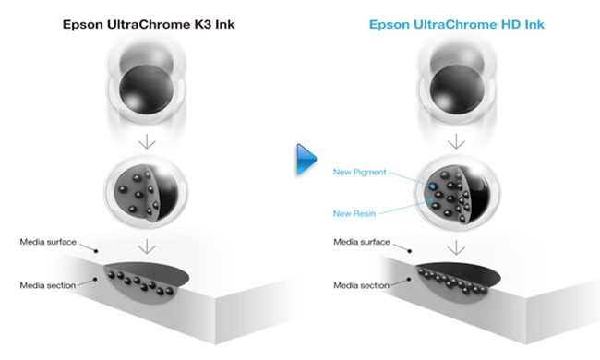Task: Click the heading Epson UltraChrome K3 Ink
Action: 149,25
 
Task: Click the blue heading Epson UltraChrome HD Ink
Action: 457,25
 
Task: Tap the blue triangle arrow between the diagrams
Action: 306,159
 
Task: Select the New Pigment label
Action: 360,173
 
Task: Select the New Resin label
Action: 354,213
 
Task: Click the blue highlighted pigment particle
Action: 433,186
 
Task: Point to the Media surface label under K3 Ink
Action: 48,242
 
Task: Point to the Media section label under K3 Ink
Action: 48,285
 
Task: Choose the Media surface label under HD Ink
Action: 362,242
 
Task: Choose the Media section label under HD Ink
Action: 361,285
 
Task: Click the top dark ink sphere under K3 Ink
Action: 147,90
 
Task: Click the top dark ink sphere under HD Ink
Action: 457,90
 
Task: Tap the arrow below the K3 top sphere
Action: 147,141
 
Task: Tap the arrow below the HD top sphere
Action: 457,141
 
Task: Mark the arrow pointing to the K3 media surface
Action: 147,246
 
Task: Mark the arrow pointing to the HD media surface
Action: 457,247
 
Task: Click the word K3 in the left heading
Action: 200,25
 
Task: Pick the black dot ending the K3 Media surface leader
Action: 96,251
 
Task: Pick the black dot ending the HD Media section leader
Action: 409,280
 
